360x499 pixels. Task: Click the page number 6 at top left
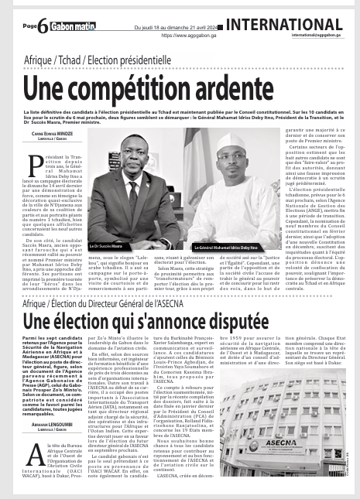[x=43, y=24]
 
